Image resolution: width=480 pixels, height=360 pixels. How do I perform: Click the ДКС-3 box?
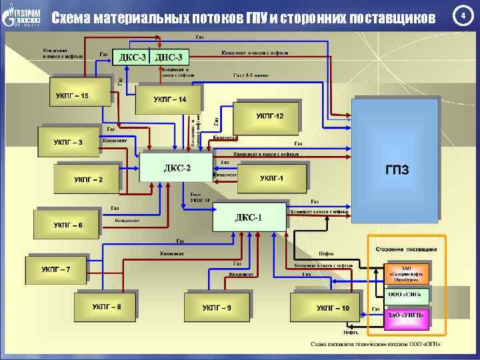pos(131,57)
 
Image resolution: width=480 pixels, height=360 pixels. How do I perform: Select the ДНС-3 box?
pos(168,57)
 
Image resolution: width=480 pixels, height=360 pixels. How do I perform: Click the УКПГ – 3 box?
pos(69,141)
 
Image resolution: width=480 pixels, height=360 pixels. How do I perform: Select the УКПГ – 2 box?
pos(87,179)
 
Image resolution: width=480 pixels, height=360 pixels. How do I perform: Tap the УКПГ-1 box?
pos(272,179)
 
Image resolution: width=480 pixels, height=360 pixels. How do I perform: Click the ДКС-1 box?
pos(249,217)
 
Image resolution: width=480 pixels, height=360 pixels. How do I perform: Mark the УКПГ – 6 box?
pos(68,225)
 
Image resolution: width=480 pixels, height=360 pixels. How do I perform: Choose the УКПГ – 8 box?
pos(107,307)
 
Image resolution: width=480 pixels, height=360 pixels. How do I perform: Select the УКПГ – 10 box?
pos(323,307)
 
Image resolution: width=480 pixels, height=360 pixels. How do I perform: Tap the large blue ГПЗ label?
pos(397,169)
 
